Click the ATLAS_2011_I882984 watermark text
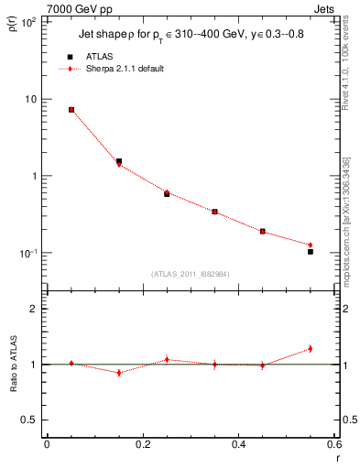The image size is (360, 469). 190,274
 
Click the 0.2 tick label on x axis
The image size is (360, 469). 142,445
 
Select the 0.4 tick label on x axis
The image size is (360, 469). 238,445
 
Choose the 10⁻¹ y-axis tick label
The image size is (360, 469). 27,253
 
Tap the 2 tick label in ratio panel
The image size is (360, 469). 34,309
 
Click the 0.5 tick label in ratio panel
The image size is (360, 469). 30,420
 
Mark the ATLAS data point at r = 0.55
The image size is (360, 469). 311,251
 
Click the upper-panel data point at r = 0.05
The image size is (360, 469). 71,110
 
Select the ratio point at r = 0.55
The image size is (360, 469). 311,349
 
